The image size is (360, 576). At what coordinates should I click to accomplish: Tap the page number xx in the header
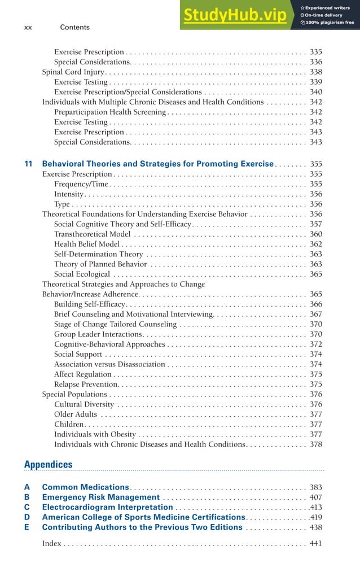[x=28, y=27]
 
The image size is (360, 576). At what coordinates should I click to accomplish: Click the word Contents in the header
[x=74, y=27]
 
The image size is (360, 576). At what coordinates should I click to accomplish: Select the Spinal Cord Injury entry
[x=73, y=72]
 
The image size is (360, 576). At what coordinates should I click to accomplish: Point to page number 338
[x=315, y=72]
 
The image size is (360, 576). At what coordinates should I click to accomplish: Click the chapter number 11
[x=28, y=164]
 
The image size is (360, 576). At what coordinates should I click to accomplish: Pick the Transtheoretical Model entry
[x=92, y=234]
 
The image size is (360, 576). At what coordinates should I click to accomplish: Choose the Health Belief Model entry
[x=87, y=245]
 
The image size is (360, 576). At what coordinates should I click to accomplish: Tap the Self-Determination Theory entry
[x=98, y=254]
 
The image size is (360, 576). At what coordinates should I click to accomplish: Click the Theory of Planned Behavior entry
[x=100, y=264]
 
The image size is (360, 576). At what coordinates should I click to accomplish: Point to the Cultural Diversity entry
[x=84, y=404]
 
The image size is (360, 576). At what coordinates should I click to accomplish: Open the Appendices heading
[x=49, y=464]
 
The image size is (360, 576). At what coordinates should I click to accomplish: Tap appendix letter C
[x=27, y=507]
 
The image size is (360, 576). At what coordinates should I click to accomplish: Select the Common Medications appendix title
[x=86, y=487]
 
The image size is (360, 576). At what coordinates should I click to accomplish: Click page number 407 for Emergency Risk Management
[x=315, y=497]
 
